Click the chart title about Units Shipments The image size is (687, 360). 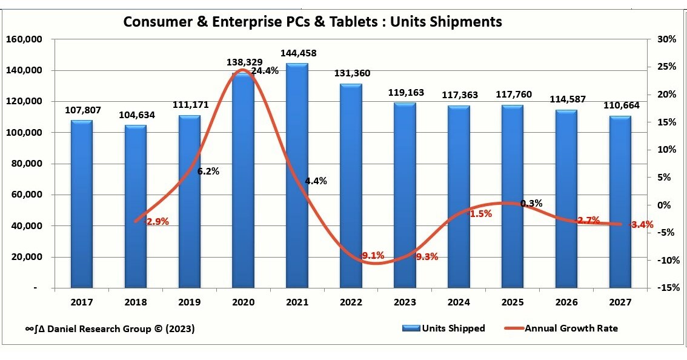tap(312, 22)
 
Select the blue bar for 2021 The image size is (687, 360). tap(297, 176)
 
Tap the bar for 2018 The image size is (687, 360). tap(135, 206)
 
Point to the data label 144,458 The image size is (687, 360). tap(297, 53)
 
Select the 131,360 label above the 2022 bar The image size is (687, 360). tap(351, 73)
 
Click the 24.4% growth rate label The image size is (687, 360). tap(265, 70)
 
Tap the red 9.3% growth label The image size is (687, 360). tap(426, 256)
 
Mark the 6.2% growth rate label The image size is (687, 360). tap(208, 171)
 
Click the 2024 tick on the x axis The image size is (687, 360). tap(459, 301)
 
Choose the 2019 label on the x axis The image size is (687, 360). tap(189, 301)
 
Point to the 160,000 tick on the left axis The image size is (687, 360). tap(24, 39)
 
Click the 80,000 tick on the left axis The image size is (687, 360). tap(26, 164)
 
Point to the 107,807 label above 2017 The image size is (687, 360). tap(82, 110)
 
